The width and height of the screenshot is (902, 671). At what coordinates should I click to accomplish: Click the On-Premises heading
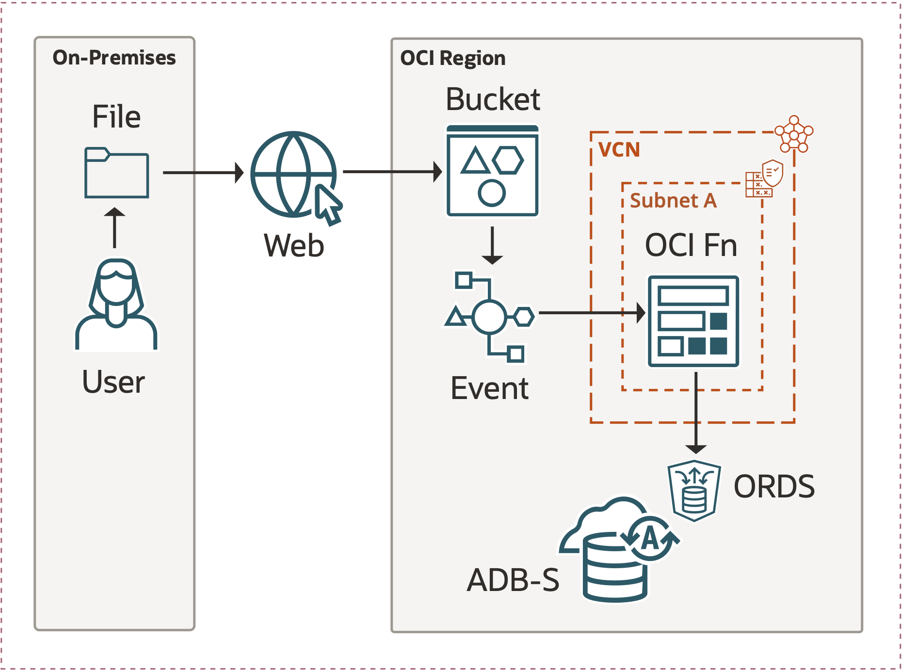point(114,58)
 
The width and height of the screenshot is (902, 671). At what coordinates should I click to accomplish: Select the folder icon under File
point(116,173)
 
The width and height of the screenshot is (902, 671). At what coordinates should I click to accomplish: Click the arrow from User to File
point(114,228)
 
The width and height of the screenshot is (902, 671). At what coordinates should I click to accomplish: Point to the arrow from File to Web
point(203,173)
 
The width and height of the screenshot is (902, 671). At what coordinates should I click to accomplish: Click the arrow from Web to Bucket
point(392,172)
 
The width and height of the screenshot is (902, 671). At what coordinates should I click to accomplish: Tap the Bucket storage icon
point(492,171)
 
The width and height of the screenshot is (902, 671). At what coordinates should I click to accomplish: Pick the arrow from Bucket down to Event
point(492,245)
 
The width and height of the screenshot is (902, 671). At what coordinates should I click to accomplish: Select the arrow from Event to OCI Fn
point(592,313)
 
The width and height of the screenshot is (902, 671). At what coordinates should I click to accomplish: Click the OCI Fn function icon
point(693,321)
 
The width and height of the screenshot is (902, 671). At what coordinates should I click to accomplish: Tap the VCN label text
point(619,150)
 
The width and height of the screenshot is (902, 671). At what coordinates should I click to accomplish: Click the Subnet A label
point(673,201)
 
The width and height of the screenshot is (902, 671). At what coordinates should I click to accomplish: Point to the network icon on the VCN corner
point(794,134)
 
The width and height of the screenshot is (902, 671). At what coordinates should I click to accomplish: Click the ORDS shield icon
point(694,490)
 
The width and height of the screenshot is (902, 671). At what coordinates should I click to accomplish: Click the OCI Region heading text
point(452,58)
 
